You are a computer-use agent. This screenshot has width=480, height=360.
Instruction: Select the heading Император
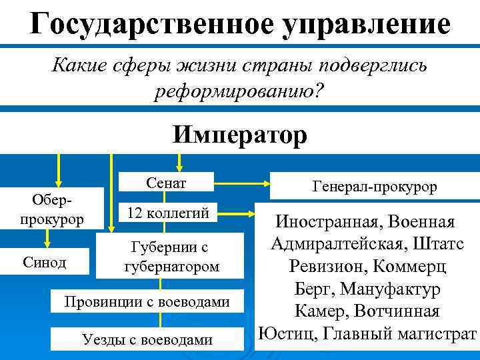(x=239, y=135)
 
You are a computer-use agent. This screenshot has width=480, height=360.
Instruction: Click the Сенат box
(x=166, y=182)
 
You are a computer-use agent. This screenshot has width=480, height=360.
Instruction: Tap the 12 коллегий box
(x=167, y=213)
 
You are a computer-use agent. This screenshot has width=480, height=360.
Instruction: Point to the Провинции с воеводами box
(x=147, y=302)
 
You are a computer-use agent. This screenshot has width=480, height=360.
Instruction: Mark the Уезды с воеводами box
(x=147, y=339)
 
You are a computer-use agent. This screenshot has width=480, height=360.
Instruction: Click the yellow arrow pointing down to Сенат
(x=178, y=161)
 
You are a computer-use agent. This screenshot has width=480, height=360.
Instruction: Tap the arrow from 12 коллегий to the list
(x=237, y=214)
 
